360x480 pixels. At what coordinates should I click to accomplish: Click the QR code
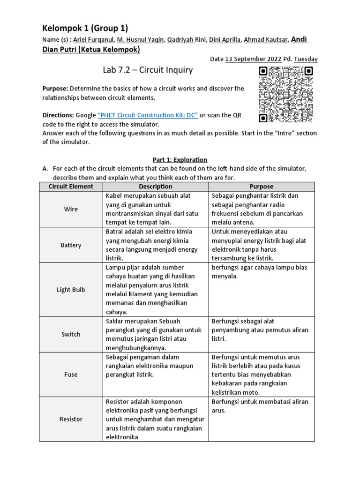click(x=285, y=94)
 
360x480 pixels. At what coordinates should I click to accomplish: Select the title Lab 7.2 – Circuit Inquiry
click(x=148, y=70)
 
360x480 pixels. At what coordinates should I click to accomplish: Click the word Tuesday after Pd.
click(x=306, y=59)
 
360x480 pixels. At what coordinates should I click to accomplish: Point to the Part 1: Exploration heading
click(x=177, y=160)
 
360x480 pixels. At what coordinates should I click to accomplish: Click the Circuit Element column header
click(x=71, y=187)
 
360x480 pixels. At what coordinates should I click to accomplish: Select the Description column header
click(x=156, y=187)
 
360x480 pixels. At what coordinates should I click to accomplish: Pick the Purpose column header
click(x=261, y=187)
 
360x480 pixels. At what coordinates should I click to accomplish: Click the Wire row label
click(x=71, y=210)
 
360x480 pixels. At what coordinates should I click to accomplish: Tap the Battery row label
click(x=71, y=245)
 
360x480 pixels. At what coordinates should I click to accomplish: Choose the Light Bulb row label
click(x=71, y=290)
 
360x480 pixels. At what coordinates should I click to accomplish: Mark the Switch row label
click(x=71, y=334)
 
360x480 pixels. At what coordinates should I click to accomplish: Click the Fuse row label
click(x=71, y=375)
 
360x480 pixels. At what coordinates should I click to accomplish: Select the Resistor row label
click(x=71, y=419)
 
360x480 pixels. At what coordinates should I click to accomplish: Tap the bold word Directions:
click(x=58, y=115)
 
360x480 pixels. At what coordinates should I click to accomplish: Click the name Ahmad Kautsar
click(x=266, y=40)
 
